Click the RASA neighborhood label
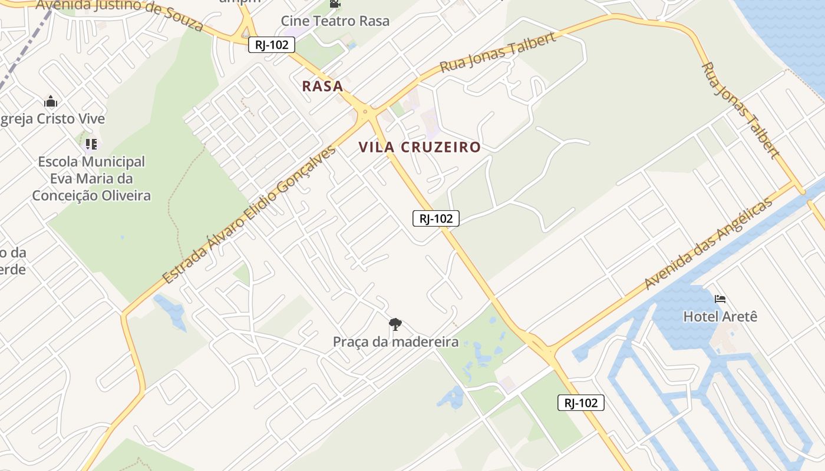322,86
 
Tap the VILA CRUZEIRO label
420,147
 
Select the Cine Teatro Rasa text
335,21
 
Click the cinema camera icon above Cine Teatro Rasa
335,4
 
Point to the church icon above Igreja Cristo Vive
51,101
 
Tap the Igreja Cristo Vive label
53,119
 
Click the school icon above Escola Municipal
91,144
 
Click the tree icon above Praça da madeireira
395,324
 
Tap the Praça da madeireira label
395,341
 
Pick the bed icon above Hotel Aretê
720,299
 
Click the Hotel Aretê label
720,317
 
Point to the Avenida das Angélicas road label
708,244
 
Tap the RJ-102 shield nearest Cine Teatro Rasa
271,45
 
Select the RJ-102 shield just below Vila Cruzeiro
435,218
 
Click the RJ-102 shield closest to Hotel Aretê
580,403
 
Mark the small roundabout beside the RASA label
366,111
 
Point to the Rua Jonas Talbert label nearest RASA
498,53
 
